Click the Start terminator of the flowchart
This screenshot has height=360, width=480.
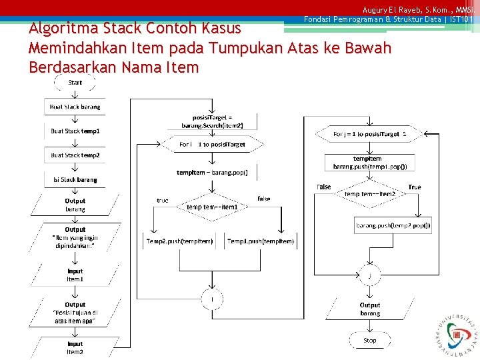coord(75,83)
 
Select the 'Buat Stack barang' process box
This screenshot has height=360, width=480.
coord(75,107)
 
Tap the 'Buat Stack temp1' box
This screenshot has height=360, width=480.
coord(75,131)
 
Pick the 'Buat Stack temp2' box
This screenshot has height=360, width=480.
coord(75,155)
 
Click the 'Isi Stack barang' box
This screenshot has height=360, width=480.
coord(75,179)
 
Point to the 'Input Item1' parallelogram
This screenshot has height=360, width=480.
coord(75,275)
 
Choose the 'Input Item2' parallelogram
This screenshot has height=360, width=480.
coord(75,347)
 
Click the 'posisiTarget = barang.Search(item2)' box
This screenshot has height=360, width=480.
coord(213,121)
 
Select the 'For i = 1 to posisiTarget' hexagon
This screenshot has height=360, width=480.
coord(213,144)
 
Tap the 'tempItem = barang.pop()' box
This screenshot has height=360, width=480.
coord(212,173)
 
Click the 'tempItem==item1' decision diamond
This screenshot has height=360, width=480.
coord(212,207)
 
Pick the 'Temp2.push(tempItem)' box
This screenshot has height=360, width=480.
coord(180,241)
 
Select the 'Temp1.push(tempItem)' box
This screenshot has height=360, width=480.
coord(260,241)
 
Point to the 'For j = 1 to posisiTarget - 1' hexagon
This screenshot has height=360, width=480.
coord(369,134)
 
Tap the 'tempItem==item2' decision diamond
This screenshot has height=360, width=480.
coord(369,194)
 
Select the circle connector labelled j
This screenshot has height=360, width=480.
coord(369,275)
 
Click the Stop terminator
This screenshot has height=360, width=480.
coord(369,340)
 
